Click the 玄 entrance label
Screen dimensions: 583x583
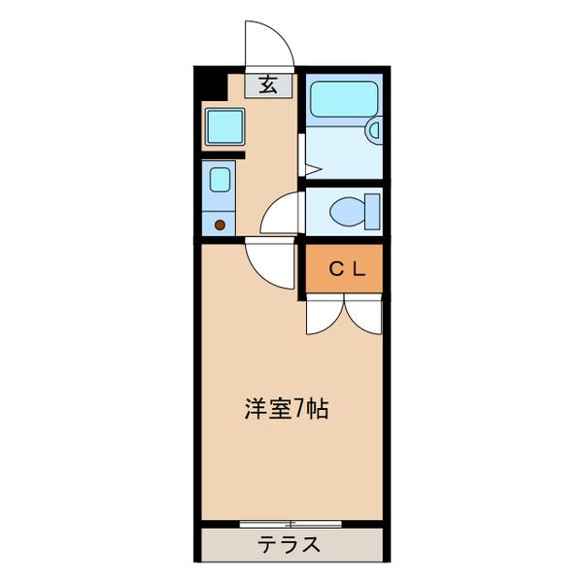[x=268, y=85]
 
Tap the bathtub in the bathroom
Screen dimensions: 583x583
[x=342, y=100]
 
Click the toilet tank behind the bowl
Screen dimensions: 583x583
[x=369, y=210]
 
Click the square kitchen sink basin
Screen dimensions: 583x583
[x=223, y=126]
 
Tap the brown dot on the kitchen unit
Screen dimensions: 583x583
[x=220, y=224]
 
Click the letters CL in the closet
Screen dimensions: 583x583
[x=346, y=271]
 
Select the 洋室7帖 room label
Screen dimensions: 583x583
[x=286, y=409]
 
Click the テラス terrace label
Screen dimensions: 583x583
[x=289, y=545]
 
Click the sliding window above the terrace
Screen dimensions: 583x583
[x=291, y=524]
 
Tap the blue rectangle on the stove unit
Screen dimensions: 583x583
[x=220, y=181]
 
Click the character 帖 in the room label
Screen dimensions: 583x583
[x=317, y=409]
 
